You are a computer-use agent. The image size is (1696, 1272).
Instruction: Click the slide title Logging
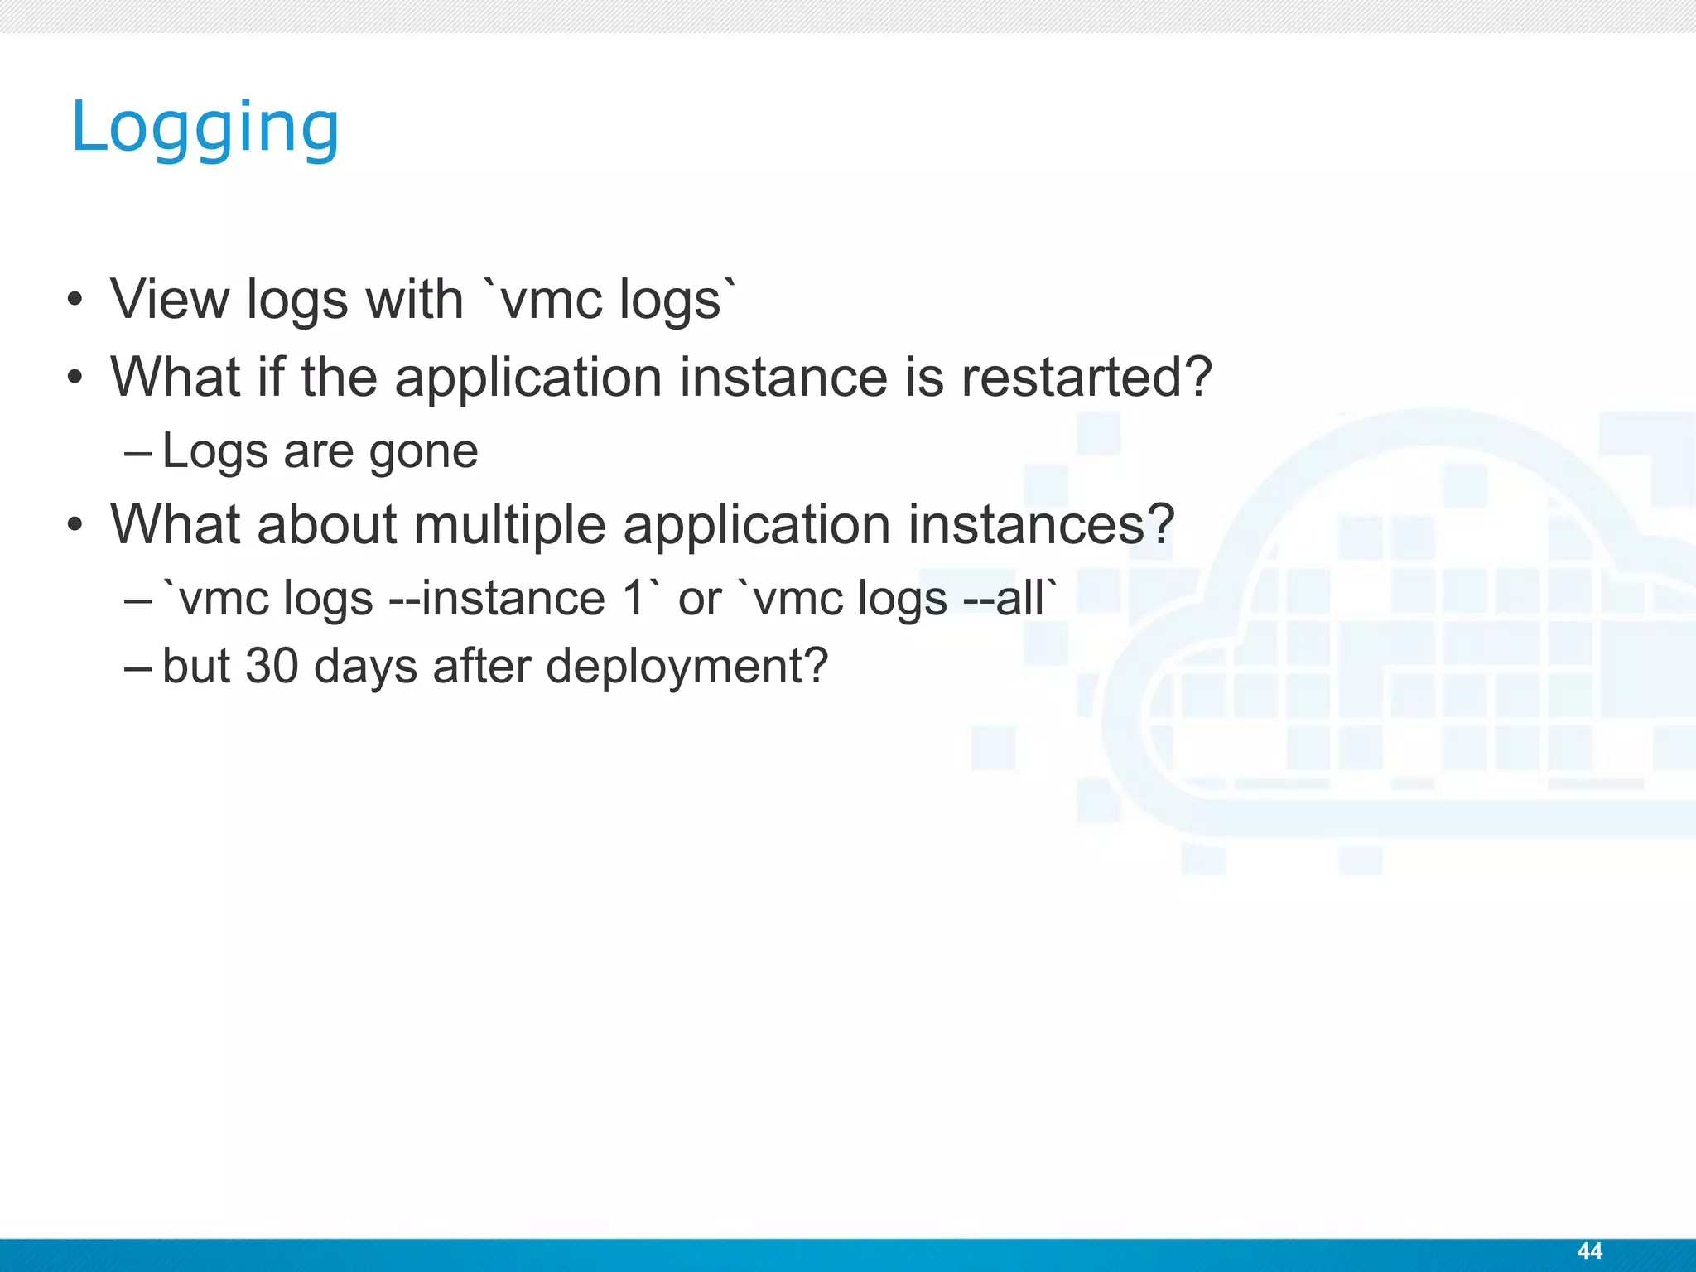(205, 128)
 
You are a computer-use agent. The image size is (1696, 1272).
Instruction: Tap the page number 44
(1589, 1250)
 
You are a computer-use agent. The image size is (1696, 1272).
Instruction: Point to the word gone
(423, 452)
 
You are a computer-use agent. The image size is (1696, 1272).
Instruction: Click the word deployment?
(687, 667)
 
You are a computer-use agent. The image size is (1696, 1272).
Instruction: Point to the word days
(365, 667)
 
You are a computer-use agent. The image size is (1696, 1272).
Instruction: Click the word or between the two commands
(700, 600)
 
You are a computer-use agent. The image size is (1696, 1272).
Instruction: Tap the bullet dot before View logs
(75, 301)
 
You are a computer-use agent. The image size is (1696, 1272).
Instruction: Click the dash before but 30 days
(137, 667)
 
